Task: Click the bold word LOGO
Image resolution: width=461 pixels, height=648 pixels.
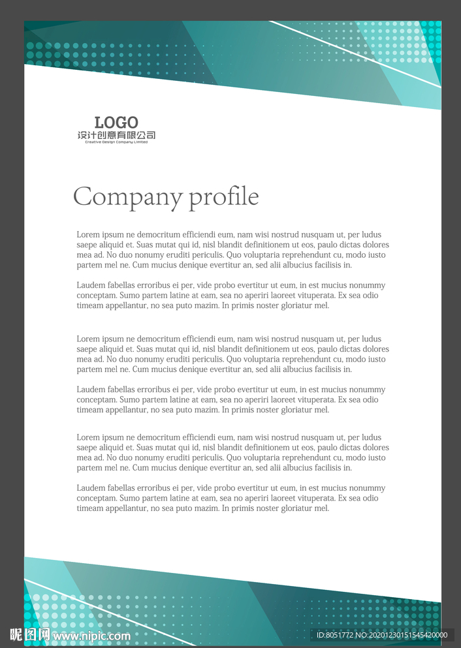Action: pos(116,122)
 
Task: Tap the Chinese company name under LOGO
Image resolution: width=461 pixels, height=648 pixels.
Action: pos(116,135)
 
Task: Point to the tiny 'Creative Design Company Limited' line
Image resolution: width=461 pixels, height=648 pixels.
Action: pos(116,142)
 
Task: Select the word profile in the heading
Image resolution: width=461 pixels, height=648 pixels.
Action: pos(224,197)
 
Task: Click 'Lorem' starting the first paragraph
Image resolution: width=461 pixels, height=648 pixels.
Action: pos(88,234)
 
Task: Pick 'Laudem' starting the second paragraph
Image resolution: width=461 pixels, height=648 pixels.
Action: pos(91,285)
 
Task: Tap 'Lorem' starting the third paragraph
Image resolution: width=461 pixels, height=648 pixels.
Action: pos(88,339)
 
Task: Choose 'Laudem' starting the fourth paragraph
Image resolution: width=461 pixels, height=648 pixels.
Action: pos(91,390)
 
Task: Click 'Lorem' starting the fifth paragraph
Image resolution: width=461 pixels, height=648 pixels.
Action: pos(88,437)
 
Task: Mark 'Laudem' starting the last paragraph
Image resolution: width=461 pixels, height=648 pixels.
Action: pos(91,488)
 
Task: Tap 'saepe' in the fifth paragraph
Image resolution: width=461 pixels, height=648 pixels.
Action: pos(87,448)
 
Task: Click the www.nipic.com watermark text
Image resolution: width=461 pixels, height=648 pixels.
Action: pos(91,636)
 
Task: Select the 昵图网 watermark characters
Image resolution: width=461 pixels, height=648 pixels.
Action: pos(30,634)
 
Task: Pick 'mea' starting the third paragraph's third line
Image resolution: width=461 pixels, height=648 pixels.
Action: pos(84,359)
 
